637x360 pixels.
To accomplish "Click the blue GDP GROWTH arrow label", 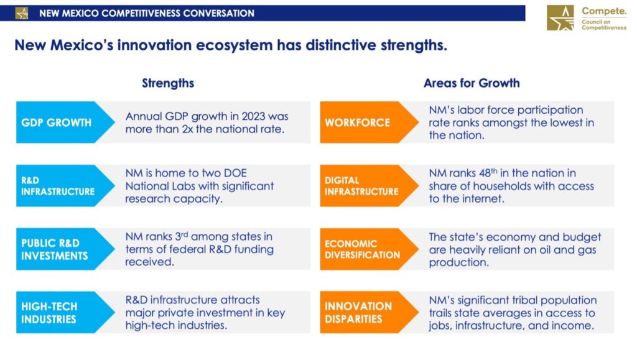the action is point(65,122).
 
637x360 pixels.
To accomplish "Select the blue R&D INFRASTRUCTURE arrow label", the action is point(65,185).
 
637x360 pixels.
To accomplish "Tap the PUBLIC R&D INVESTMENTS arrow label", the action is point(65,249).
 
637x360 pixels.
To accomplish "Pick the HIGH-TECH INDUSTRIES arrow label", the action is point(65,312).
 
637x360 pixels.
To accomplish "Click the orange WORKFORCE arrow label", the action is point(369,122).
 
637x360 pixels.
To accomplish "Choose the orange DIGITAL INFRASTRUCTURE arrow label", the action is point(369,185).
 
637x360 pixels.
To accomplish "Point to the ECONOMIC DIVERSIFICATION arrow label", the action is point(369,249).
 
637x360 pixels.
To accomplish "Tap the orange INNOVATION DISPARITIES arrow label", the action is point(369,312).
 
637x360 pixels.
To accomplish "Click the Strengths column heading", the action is point(168,83).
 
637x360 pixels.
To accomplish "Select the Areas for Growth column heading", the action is point(472,83).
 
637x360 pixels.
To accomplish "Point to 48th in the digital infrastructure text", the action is point(488,173).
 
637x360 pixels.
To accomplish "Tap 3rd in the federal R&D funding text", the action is point(181,236).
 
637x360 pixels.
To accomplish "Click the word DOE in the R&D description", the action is point(235,173).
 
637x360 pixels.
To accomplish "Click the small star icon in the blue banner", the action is point(22,14).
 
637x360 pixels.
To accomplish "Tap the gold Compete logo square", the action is point(560,18).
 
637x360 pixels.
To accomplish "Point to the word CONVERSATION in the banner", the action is point(218,14).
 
